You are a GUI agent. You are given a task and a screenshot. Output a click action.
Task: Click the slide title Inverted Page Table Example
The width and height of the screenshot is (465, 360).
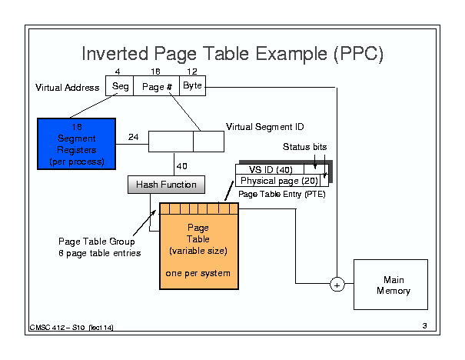[232, 54]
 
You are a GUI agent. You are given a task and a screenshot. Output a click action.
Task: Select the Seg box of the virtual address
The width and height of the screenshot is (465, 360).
[121, 86]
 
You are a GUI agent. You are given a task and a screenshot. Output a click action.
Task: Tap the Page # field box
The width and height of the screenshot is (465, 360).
[157, 86]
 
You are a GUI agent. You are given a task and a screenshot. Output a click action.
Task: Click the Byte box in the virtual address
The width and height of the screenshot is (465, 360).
[192, 85]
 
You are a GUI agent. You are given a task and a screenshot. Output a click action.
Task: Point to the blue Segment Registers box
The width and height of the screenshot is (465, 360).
[76, 142]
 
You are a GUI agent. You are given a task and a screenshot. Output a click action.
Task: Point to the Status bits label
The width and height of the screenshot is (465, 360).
[306, 146]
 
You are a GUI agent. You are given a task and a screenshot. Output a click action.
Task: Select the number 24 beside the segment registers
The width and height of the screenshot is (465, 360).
[133, 138]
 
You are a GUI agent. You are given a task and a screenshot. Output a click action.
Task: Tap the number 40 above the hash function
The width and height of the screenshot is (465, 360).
[181, 165]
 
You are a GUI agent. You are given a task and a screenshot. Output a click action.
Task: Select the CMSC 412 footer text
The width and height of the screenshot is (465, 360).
[73, 328]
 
